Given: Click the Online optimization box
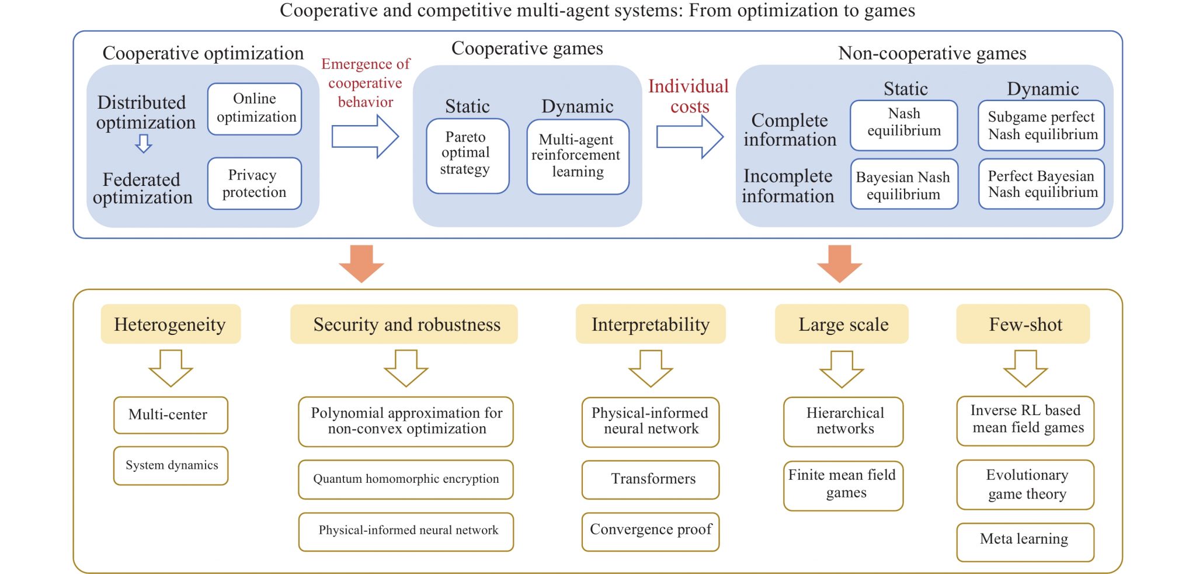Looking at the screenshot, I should coord(255,109).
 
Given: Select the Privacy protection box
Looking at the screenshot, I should coord(255,184).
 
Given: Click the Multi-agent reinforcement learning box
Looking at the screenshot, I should coord(578,157).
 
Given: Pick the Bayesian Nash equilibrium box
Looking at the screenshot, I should coord(904,185).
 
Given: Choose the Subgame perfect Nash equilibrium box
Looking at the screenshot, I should coord(1041,126).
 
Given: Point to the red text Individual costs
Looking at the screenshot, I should coord(689,96).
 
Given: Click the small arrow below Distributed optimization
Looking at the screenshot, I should coord(144,143).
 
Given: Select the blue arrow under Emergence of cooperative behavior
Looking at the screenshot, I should coord(365,137).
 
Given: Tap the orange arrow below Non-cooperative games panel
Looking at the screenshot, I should coord(839,264).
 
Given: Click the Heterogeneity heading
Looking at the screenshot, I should coord(171,324).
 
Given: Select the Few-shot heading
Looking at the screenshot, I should coord(1025,324).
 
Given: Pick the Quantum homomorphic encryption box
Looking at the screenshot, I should coord(406,479).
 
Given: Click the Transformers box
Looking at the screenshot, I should coord(651,479).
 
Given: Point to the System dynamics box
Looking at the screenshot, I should coord(171,466).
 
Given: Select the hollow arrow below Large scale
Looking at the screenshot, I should coord(842,369).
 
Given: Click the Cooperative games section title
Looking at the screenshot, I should coord(527,49).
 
